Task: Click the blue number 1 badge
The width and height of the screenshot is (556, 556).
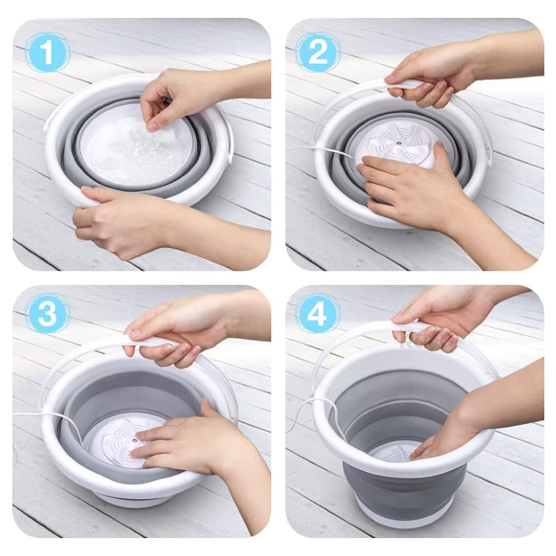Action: [47, 52]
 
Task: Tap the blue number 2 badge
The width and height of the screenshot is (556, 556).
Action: [318, 52]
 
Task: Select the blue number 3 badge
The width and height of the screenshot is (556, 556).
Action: [47, 313]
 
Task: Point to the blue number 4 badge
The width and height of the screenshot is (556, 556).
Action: [318, 313]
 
